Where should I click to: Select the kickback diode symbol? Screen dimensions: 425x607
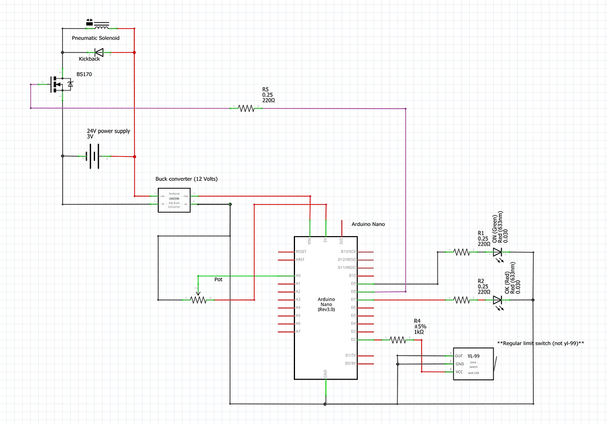pyautogui.click(x=99, y=52)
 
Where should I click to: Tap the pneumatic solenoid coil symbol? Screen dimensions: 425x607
pyautogui.click(x=101, y=28)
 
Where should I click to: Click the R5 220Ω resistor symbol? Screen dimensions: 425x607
pyautogui.click(x=246, y=108)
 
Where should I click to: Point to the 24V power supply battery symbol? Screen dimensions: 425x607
pyautogui.click(x=91, y=156)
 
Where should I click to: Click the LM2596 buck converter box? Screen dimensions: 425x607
pyautogui.click(x=174, y=200)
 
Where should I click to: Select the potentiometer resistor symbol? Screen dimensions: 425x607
pyautogui.click(x=199, y=299)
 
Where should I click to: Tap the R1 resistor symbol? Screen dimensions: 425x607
pyautogui.click(x=462, y=252)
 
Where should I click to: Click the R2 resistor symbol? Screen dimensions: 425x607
pyautogui.click(x=462, y=299)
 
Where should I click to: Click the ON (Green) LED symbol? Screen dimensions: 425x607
pyautogui.click(x=498, y=252)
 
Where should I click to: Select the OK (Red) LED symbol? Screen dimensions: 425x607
pyautogui.click(x=498, y=299)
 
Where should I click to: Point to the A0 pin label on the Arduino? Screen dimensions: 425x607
pyautogui.click(x=299, y=275)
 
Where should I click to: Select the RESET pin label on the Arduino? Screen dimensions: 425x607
pyautogui.click(x=302, y=251)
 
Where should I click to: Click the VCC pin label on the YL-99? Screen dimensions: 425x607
pyautogui.click(x=460, y=372)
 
